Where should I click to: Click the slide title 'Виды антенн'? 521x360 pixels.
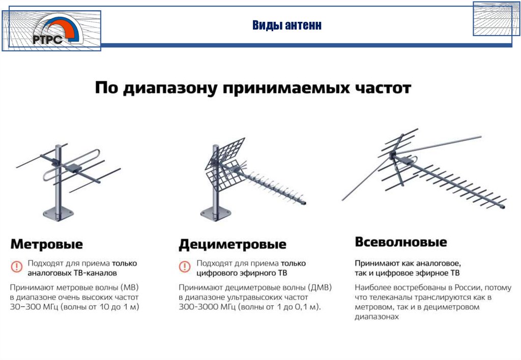click(x=287, y=25)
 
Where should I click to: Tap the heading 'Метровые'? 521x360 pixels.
click(x=46, y=244)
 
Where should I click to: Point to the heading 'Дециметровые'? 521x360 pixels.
click(x=233, y=245)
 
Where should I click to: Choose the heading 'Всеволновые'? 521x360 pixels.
click(x=401, y=242)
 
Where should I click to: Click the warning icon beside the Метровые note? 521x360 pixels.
click(x=16, y=266)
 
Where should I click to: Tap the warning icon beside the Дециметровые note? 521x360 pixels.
click(x=185, y=266)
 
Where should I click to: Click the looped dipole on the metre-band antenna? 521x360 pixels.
click(x=71, y=164)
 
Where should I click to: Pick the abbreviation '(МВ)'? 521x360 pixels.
click(x=130, y=287)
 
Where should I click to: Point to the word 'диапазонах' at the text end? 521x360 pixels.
click(x=377, y=317)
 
